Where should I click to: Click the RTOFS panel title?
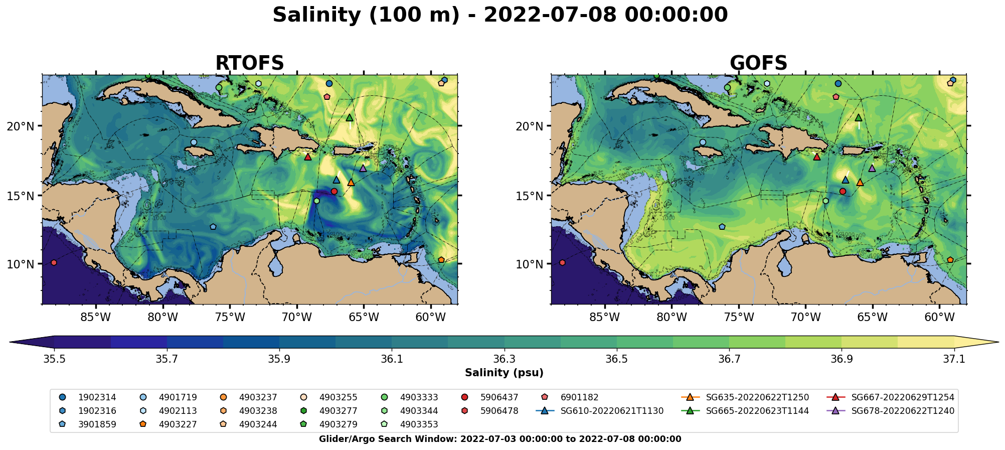pyautogui.click(x=249, y=63)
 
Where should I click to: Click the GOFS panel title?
pyautogui.click(x=758, y=63)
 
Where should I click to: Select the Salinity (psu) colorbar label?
pyautogui.click(x=504, y=373)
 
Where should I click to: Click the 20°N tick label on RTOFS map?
pyautogui.click(x=21, y=126)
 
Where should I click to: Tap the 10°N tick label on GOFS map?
pyautogui.click(x=530, y=264)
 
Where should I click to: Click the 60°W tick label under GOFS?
pyautogui.click(x=939, y=317)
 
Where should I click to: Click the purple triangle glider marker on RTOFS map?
pyautogui.click(x=363, y=168)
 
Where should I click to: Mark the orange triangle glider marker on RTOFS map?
pyautogui.click(x=351, y=183)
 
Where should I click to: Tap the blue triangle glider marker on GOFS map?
pyautogui.click(x=845, y=180)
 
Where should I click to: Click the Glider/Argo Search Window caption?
pyautogui.click(x=500, y=439)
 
